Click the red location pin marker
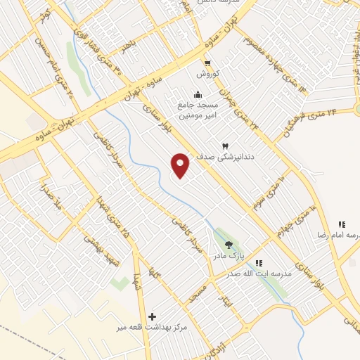[181, 165]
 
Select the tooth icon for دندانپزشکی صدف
[226, 146]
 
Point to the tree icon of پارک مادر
[229, 245]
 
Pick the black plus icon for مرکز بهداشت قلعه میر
[152, 317]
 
